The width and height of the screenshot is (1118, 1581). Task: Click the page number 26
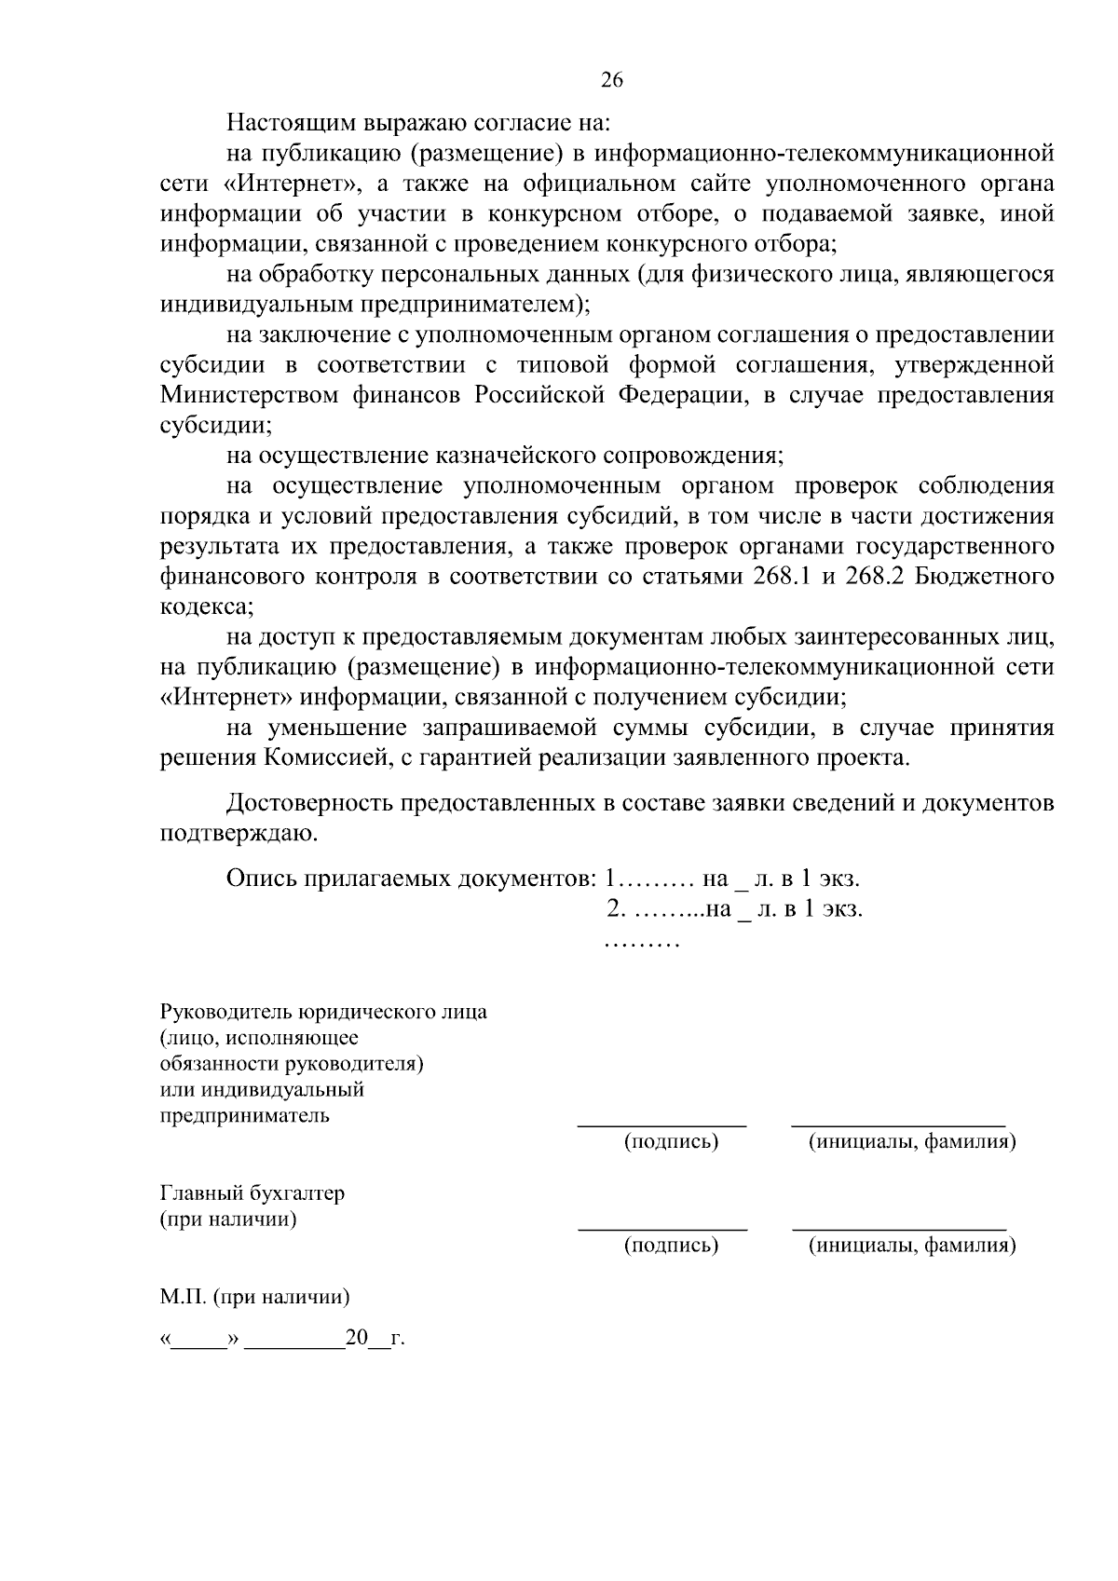pos(611,80)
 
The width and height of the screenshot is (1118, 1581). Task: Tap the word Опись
pos(262,879)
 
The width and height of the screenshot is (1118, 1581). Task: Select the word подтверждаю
pos(239,834)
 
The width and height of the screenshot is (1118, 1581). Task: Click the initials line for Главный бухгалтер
pos(898,1229)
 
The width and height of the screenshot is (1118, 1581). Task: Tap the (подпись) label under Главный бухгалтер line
pos(671,1246)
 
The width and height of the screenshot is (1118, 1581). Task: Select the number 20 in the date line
pos(357,1340)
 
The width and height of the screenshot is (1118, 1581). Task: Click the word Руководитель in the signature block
pos(226,1013)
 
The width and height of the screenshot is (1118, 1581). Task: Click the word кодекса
pos(205,607)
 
